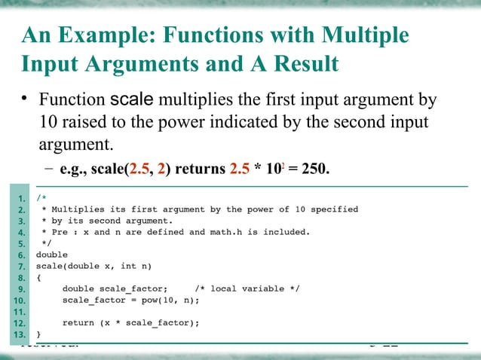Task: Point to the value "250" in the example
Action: coord(313,166)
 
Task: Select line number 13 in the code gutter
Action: coord(20,333)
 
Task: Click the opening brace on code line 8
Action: coord(39,277)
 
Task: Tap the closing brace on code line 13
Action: coord(39,333)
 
